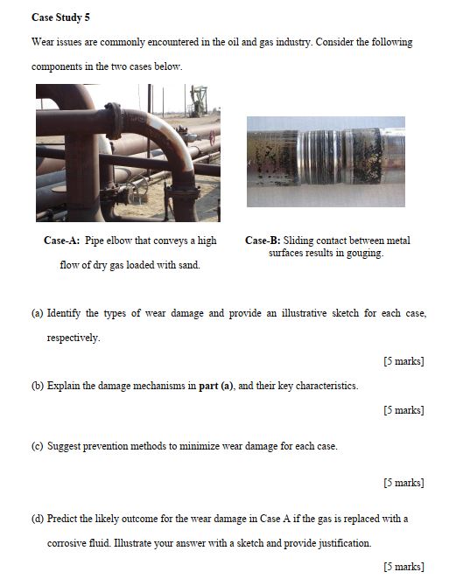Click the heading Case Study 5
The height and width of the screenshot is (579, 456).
point(60,17)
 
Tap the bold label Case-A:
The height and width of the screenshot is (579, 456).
point(60,241)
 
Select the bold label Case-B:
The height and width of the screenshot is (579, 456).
point(263,241)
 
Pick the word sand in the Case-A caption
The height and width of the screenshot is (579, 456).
point(187,264)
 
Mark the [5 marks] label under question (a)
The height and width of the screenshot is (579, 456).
point(403,361)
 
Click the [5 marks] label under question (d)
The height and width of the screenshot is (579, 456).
point(403,567)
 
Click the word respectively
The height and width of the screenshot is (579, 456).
point(73,338)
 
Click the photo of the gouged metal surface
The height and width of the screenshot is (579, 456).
point(326,162)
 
